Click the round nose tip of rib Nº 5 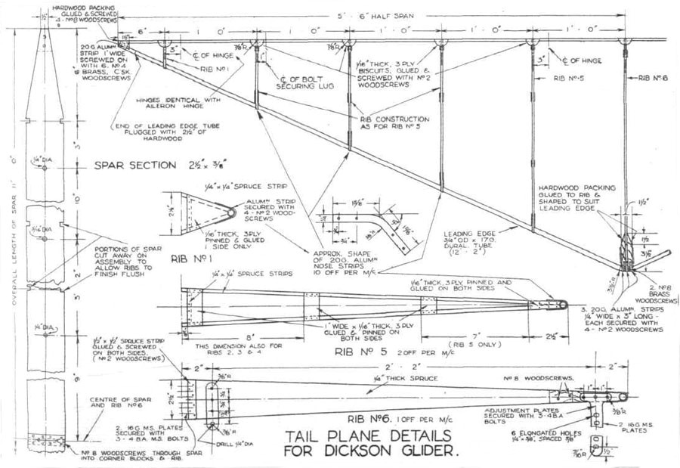click(x=564, y=304)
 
